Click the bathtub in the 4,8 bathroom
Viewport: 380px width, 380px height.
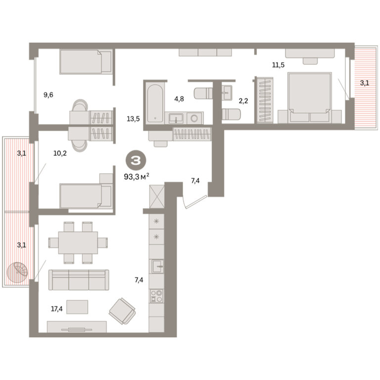pyautogui.click(x=155, y=103)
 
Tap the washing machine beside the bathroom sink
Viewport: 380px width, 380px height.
pyautogui.click(x=195, y=118)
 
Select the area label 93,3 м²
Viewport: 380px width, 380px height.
pyautogui.click(x=137, y=177)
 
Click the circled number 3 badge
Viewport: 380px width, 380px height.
pyautogui.click(x=136, y=160)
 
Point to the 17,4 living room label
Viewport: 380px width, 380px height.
pyautogui.click(x=57, y=309)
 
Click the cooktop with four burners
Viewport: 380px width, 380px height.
pyautogui.click(x=156, y=296)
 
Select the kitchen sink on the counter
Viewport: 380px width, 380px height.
pyautogui.click(x=157, y=266)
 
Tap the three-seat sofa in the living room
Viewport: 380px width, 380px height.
pyautogui.click(x=79, y=280)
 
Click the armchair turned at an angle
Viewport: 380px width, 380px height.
pyautogui.click(x=122, y=311)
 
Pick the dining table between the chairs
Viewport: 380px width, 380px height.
pyautogui.click(x=78, y=242)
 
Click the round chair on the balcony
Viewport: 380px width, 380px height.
pyautogui.click(x=17, y=273)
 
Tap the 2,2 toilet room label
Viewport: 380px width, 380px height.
pyautogui.click(x=243, y=101)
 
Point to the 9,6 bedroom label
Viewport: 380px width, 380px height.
pyautogui.click(x=48, y=95)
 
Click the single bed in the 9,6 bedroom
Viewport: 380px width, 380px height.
pyautogui.click(x=86, y=61)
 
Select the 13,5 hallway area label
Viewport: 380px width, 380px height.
pyautogui.click(x=133, y=119)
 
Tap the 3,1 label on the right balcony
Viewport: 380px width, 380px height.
pyautogui.click(x=365, y=83)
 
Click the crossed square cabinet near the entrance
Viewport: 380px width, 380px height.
pyautogui.click(x=157, y=196)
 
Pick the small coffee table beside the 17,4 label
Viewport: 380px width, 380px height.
pyautogui.click(x=77, y=307)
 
